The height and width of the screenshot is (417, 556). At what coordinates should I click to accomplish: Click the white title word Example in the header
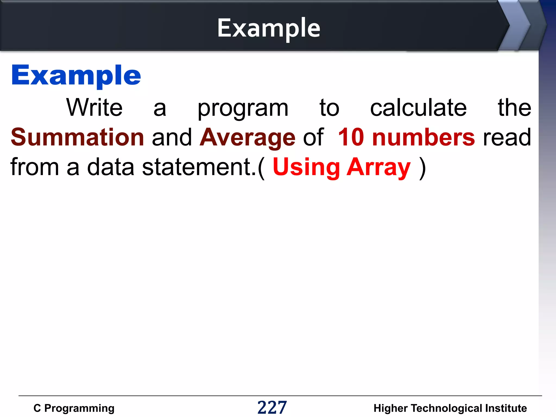point(268,28)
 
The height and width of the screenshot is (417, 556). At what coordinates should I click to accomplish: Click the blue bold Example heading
point(76,75)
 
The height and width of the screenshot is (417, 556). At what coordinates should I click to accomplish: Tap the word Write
point(94,108)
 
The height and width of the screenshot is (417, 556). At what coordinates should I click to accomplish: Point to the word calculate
point(418,108)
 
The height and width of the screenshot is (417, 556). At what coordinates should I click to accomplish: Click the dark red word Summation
point(77,137)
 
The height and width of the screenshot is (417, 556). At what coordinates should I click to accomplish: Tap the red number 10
point(351,137)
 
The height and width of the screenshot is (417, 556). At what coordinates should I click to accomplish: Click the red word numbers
point(424,137)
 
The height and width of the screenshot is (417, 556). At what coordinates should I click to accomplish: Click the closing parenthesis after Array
point(422,168)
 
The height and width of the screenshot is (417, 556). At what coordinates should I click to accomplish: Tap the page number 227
point(272,407)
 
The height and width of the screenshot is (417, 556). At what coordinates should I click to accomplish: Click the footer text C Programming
point(74,408)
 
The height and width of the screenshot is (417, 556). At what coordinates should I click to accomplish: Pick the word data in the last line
point(111,167)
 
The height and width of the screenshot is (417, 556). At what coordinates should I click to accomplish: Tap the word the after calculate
point(514,108)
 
